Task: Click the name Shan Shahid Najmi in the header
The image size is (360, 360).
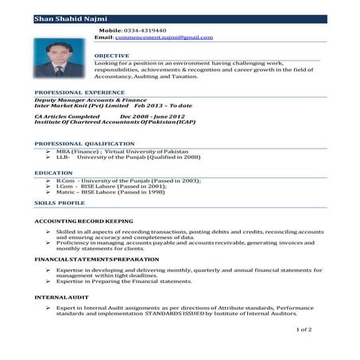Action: pos(68,17)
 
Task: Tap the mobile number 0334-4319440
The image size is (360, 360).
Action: pos(145,29)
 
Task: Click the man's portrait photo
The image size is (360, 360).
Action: pos(59,59)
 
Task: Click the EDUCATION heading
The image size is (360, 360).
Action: pos(53,172)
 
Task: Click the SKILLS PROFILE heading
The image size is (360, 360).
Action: pos(60,203)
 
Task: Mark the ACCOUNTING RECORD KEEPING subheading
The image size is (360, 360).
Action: pos(83,220)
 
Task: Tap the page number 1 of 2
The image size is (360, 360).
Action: pos(304,329)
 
